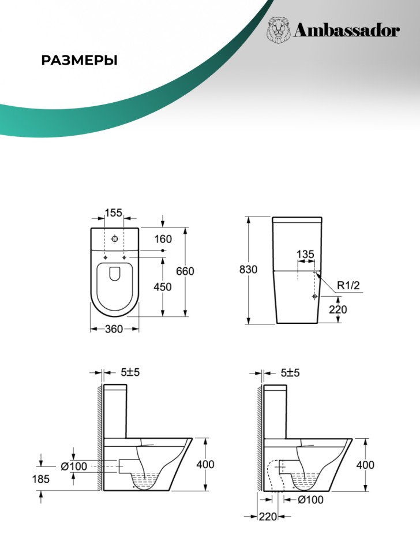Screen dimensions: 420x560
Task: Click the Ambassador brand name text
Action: pos(347,31)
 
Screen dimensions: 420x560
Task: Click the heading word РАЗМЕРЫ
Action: pos(79,61)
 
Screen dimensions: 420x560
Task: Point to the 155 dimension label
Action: pos(114,213)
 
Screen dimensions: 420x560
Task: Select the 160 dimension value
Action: pos(163,239)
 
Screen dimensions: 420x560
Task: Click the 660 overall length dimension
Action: pos(185,271)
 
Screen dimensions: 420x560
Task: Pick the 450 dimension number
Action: pos(163,287)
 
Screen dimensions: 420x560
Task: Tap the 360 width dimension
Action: pos(114,329)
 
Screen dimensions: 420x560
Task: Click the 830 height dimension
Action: pos(248,269)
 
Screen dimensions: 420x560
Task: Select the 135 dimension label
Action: pos(305,254)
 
